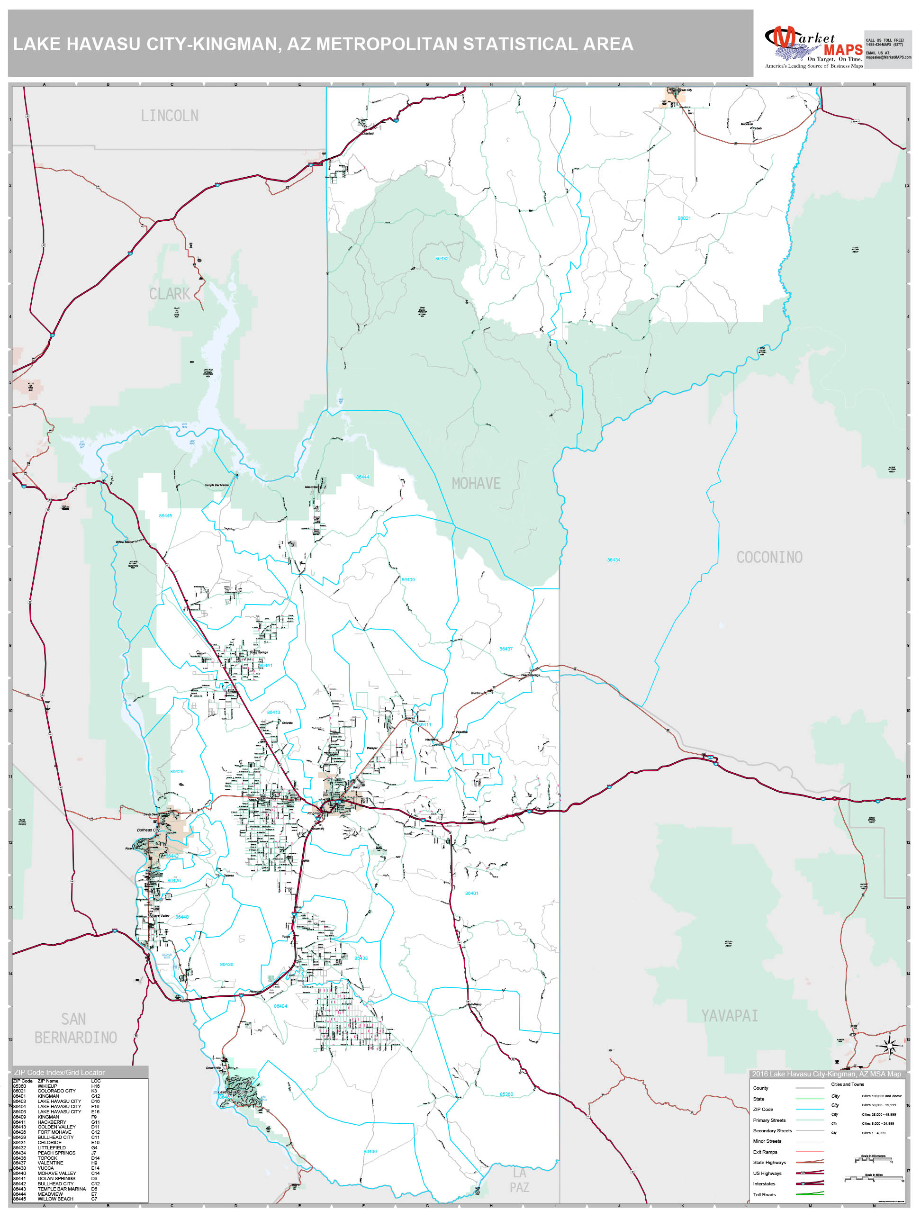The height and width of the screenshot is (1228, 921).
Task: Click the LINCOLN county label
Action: pyautogui.click(x=169, y=116)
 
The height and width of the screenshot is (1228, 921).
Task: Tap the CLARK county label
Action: pyautogui.click(x=169, y=294)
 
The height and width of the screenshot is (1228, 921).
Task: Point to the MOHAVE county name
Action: pyautogui.click(x=476, y=484)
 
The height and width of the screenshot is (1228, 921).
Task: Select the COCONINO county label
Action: pyautogui.click(x=769, y=557)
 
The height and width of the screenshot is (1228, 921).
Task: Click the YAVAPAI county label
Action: pyautogui.click(x=729, y=1016)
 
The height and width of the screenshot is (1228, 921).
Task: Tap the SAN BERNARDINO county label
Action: pyautogui.click(x=75, y=1029)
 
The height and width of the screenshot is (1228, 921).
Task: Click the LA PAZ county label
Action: pyautogui.click(x=519, y=1180)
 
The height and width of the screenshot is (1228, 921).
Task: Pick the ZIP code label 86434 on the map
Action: pyautogui.click(x=614, y=560)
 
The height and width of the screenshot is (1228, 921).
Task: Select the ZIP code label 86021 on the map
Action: pyautogui.click(x=684, y=218)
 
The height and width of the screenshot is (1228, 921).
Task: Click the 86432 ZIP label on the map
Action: pyautogui.click(x=442, y=259)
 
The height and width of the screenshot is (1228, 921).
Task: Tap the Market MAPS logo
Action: pyautogui.click(x=813, y=47)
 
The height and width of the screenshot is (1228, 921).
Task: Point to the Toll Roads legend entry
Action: pyautogui.click(x=765, y=1195)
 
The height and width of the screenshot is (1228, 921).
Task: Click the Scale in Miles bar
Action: pyautogui.click(x=874, y=1179)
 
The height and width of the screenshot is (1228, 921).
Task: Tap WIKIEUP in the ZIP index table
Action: pyautogui.click(x=47, y=1086)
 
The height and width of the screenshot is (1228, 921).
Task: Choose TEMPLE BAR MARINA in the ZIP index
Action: pyautogui.click(x=62, y=1189)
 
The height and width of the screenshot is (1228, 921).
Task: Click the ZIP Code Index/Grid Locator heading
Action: pyautogui.click(x=59, y=1073)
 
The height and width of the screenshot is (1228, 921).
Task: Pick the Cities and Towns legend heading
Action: pyautogui.click(x=847, y=1084)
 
